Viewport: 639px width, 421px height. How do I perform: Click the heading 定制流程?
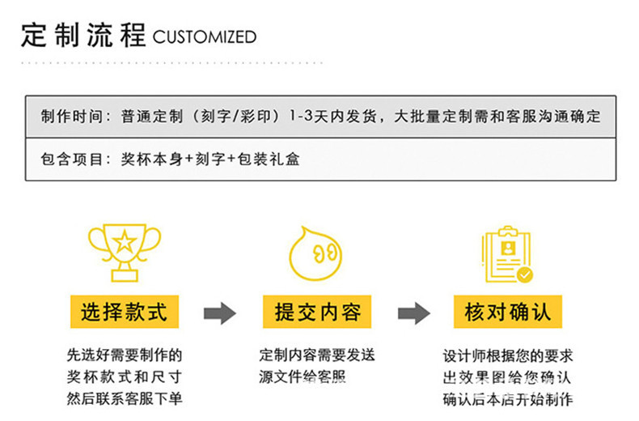[83, 36]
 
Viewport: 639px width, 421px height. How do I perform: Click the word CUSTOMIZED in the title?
[205, 37]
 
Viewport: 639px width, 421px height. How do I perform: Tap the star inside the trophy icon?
[125, 240]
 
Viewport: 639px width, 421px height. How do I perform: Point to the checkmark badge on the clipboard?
[525, 274]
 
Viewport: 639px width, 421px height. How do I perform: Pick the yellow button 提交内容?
[317, 312]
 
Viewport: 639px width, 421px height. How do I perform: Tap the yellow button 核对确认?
[508, 312]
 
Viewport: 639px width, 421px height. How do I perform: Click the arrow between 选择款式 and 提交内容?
[219, 313]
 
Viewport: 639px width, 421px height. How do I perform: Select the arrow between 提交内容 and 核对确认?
[413, 313]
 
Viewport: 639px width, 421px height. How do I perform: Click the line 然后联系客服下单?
[124, 398]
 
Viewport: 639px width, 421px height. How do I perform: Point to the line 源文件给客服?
[302, 377]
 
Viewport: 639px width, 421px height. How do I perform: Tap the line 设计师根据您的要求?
[508, 356]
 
